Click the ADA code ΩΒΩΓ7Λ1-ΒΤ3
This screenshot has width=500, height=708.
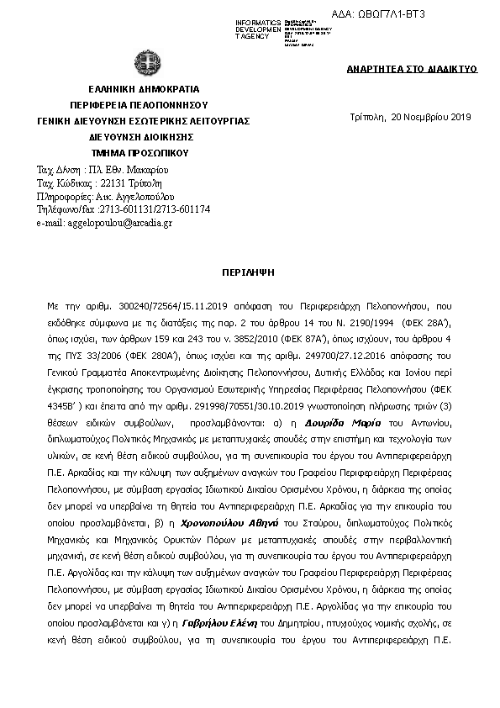point(392,14)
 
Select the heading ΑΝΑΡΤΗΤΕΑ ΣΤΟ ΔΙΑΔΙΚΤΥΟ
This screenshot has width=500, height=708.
point(412,69)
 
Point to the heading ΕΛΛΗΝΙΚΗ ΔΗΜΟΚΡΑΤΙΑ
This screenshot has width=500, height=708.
point(142,88)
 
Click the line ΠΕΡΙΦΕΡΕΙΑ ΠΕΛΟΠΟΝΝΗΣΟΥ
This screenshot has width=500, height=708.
point(142,104)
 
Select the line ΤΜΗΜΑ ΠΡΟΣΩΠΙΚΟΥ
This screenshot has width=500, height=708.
point(142,153)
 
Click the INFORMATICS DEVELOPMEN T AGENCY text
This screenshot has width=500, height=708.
point(257,28)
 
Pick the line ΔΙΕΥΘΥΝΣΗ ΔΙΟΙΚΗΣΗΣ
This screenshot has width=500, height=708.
point(142,137)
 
